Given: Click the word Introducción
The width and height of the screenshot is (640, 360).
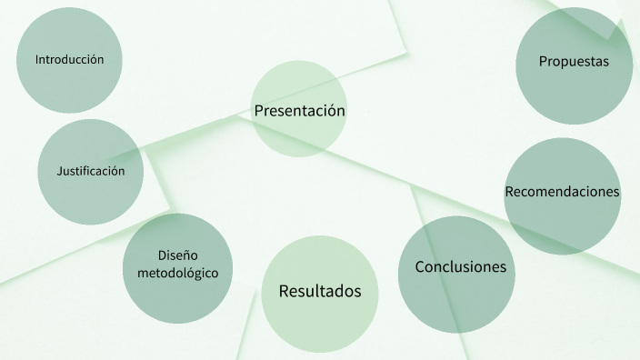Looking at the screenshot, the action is pyautogui.click(x=70, y=60).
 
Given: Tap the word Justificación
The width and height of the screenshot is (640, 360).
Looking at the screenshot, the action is pyautogui.click(x=91, y=171).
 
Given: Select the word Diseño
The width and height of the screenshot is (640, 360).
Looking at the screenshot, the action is pyautogui.click(x=177, y=255).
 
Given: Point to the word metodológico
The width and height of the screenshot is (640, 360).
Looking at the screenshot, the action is pyautogui.click(x=177, y=272).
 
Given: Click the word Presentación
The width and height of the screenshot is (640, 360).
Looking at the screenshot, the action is pyautogui.click(x=300, y=111).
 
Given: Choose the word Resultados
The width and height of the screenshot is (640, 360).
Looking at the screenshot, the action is pyautogui.click(x=320, y=291).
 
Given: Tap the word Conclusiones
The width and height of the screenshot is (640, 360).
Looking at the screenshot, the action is pyautogui.click(x=460, y=267).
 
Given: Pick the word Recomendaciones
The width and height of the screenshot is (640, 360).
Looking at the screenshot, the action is pyautogui.click(x=562, y=192).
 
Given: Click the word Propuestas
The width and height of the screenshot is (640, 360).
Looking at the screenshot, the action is pyautogui.click(x=573, y=62).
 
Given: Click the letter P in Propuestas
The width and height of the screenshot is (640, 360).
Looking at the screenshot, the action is pyautogui.click(x=543, y=62).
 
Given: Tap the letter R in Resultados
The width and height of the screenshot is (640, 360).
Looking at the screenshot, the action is pyautogui.click(x=284, y=291).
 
